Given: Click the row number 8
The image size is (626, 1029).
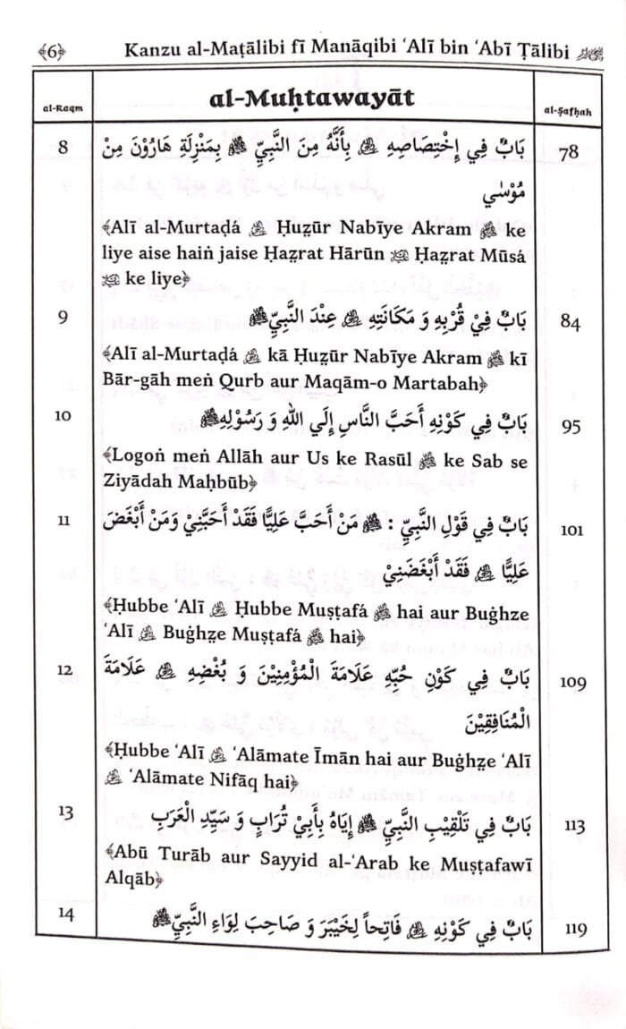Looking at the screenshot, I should (62, 148).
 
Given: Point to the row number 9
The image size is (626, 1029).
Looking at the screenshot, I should (62, 316).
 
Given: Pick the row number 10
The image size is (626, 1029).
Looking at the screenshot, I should (62, 415).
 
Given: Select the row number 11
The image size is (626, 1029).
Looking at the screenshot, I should (62, 521).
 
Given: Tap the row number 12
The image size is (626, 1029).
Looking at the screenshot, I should (62, 669).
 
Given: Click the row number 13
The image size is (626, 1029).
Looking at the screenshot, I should (62, 812).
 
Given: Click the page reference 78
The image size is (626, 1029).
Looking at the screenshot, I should (567, 153).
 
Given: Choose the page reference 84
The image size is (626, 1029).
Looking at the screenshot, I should (567, 324).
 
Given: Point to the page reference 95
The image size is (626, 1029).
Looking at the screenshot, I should (567, 427).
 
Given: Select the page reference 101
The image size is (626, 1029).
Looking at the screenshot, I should (567, 530).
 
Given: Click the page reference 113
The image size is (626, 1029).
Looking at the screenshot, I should (567, 827).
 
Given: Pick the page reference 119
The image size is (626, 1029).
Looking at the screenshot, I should (567, 930).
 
